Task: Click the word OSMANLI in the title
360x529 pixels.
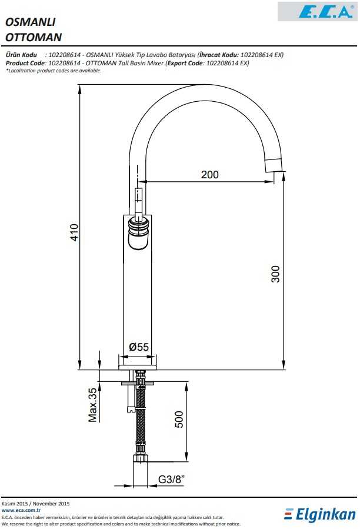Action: (31, 22)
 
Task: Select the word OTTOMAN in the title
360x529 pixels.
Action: (34, 37)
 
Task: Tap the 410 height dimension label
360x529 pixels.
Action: (74, 232)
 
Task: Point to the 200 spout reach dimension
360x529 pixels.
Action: (210, 174)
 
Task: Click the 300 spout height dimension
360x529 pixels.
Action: (276, 274)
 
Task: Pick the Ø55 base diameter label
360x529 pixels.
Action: (139, 347)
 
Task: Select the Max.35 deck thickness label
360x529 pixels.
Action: (92, 405)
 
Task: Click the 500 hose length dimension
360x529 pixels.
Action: (179, 420)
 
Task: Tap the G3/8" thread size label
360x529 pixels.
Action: (171, 479)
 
